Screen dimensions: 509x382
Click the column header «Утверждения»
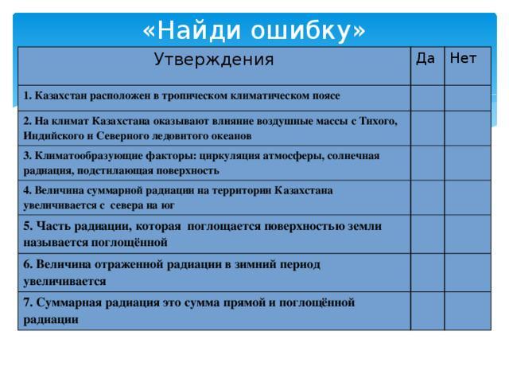point(214,60)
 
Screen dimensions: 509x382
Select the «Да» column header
point(425,59)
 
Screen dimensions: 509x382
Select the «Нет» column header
point(463,58)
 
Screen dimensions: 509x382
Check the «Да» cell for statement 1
point(428,98)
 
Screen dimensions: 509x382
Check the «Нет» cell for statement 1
point(468,98)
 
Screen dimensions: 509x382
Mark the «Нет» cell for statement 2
point(468,128)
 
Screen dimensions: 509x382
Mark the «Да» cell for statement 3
point(428,163)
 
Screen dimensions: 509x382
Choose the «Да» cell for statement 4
point(428,197)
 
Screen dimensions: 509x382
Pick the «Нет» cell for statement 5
point(468,234)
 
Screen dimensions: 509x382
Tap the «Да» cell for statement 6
point(428,272)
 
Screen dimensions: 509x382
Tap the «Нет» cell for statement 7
point(468,311)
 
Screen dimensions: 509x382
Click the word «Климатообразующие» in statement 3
point(88,156)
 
